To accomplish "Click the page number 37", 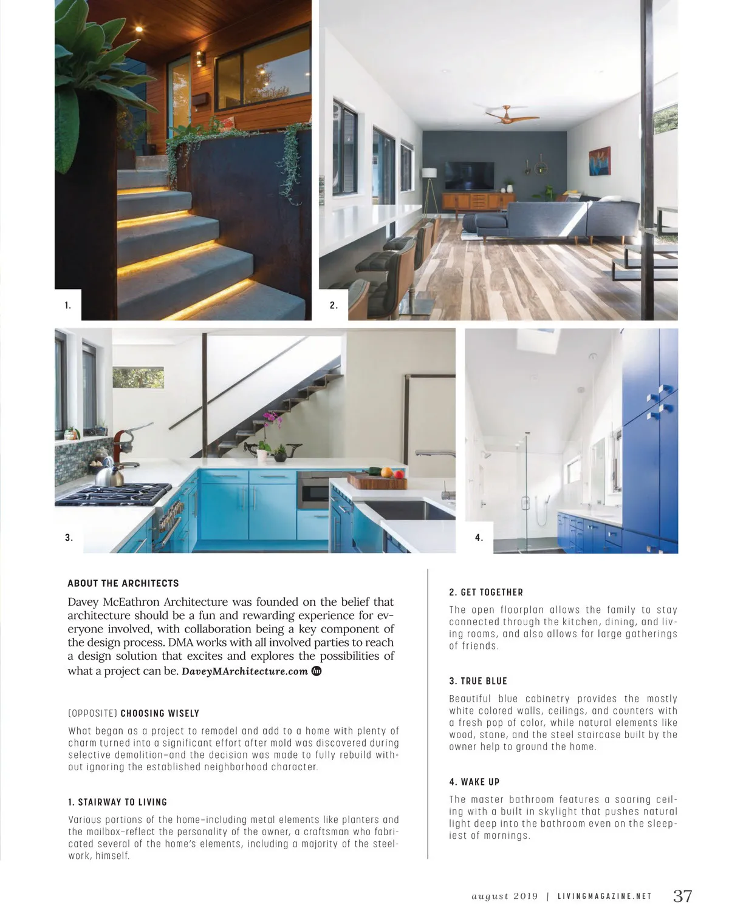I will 682,896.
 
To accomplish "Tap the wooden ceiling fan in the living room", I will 512,114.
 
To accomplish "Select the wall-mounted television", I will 469,175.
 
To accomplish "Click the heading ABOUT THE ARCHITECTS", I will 123,583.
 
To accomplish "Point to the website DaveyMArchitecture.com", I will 245,671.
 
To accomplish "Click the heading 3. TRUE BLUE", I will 478,681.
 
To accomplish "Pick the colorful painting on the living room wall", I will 600,161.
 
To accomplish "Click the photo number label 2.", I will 334,305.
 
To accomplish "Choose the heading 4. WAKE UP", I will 474,782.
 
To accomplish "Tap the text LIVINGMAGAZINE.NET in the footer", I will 604,897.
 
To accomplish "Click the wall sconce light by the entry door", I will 200,59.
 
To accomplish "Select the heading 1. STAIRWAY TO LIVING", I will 118,802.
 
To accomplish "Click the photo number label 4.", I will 479,537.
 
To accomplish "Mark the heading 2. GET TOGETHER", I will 486,592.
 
